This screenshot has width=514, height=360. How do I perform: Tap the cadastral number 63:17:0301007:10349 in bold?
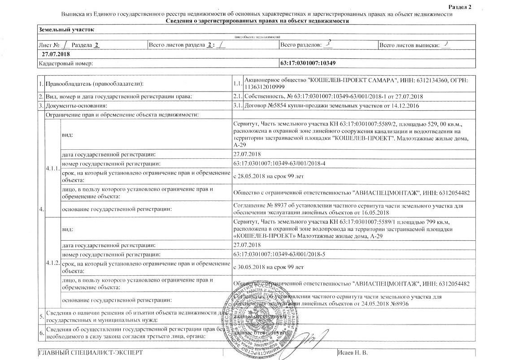click(307, 64)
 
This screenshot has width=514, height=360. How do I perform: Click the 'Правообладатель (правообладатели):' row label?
click(95, 84)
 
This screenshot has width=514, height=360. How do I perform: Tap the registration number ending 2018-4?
click(279, 164)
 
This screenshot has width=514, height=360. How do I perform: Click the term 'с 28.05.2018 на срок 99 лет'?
click(269, 176)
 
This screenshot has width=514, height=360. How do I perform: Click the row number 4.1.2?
click(52, 262)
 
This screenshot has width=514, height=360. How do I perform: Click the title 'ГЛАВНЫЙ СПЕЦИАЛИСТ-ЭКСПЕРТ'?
click(91, 353)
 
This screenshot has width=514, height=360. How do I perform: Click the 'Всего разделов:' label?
click(301, 45)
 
